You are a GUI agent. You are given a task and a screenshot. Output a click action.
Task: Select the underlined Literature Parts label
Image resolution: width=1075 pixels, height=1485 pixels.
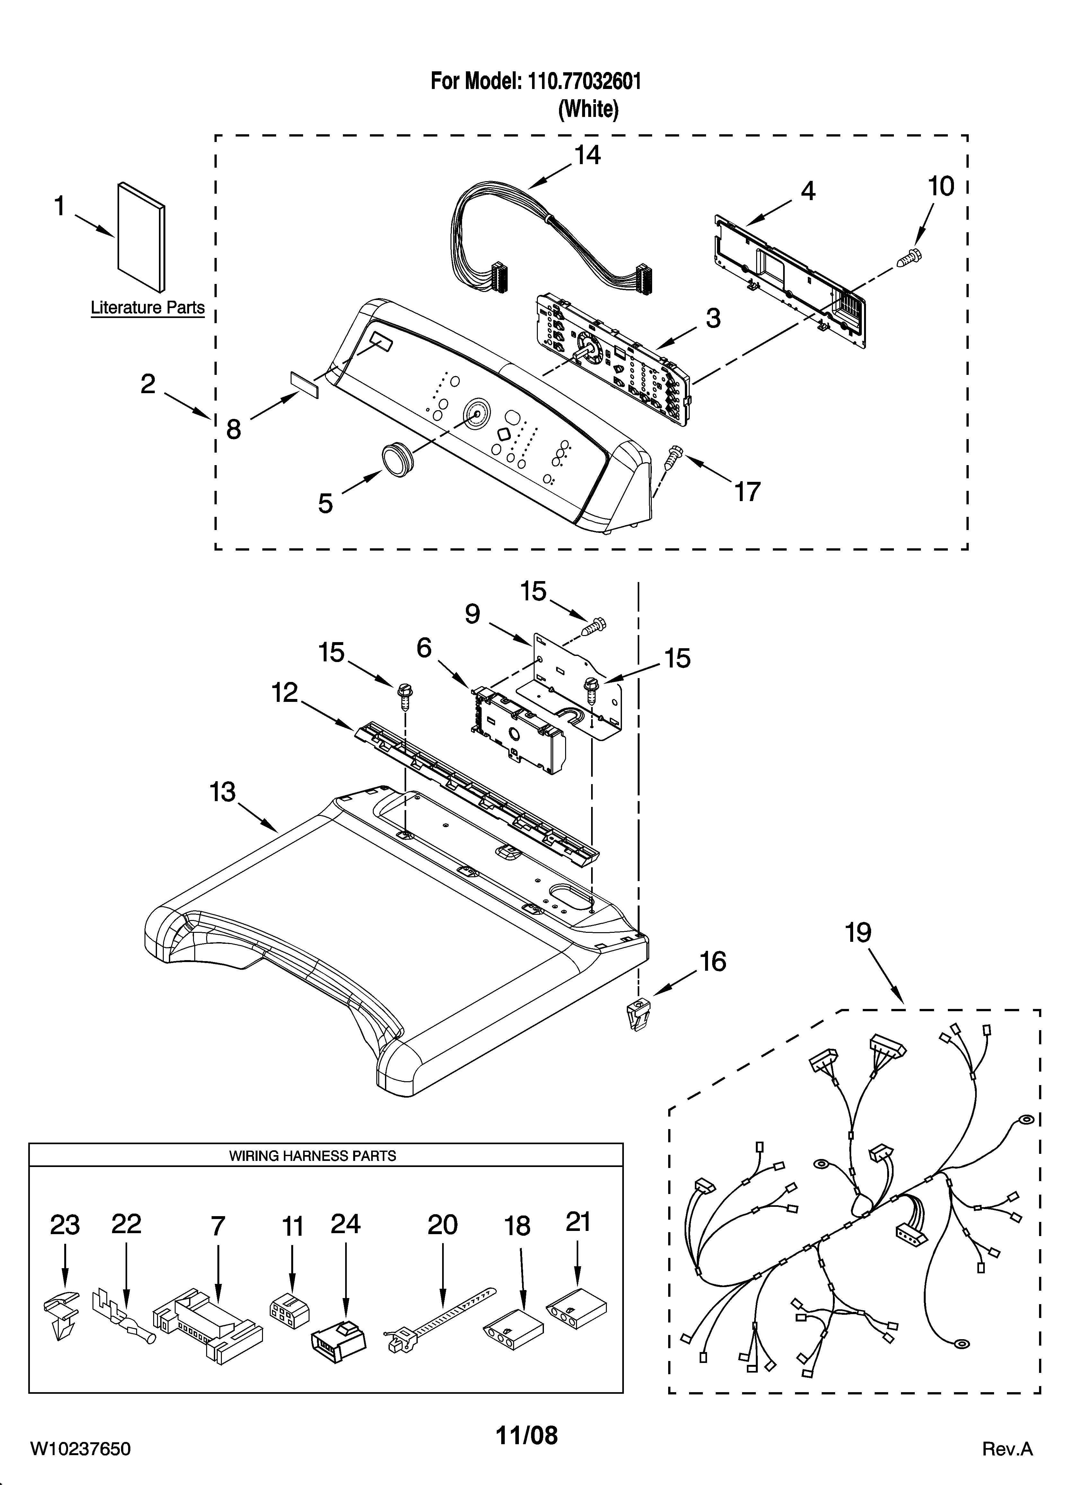point(147,308)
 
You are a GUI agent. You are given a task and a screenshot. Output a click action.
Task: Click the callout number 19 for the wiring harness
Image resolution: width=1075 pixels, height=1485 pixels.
point(858,933)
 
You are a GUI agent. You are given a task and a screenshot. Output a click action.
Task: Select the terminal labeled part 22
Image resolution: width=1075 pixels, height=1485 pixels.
point(124,1313)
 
